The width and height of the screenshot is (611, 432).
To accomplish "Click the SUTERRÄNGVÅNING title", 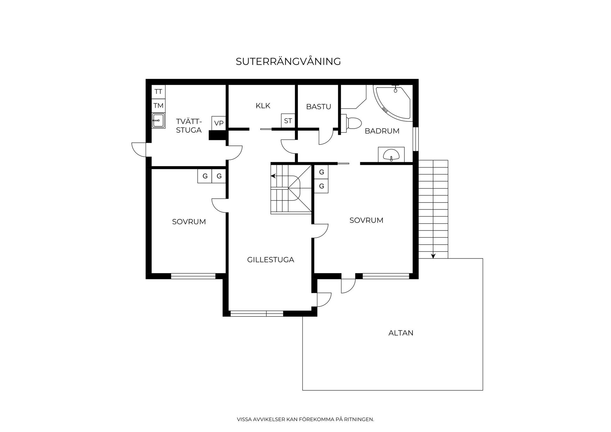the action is click(288, 61).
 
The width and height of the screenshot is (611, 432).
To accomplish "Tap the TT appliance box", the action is click(158, 92).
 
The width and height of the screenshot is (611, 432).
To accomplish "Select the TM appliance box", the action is click(158, 105).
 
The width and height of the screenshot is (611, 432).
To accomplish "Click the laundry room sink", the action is click(158, 121).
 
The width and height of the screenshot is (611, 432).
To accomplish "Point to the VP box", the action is click(219, 123).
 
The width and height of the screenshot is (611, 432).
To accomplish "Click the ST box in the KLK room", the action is click(288, 121).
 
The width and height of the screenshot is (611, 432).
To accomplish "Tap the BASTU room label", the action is click(319, 107).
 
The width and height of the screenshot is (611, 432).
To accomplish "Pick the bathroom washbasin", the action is click(391, 155).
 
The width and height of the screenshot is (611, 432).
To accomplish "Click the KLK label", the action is click(263, 106).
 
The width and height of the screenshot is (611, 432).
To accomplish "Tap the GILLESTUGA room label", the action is click(270, 260).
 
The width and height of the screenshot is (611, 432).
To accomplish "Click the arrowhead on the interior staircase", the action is click(273, 176).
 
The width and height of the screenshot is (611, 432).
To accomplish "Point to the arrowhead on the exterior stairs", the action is click(433, 256).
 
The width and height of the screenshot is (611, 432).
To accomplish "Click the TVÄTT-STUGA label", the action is click(189, 126).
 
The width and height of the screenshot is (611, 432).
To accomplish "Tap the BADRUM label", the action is click(382, 131).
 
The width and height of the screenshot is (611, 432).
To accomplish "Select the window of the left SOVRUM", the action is click(193, 276).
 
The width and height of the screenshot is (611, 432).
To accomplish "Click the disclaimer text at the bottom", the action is click(305, 420).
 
